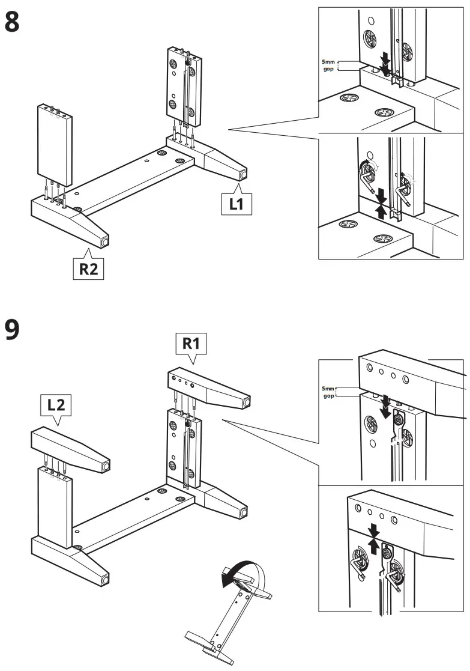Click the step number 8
coord(13,22)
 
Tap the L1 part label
coord(236,204)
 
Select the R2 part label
coord(88,269)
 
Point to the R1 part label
coord(191,344)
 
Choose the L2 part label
coord(56,405)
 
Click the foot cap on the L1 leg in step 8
coord(244,174)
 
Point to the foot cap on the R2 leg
coord(106,241)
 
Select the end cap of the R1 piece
coord(246,400)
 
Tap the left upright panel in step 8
coord(55,144)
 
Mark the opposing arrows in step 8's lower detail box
coord(380,204)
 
